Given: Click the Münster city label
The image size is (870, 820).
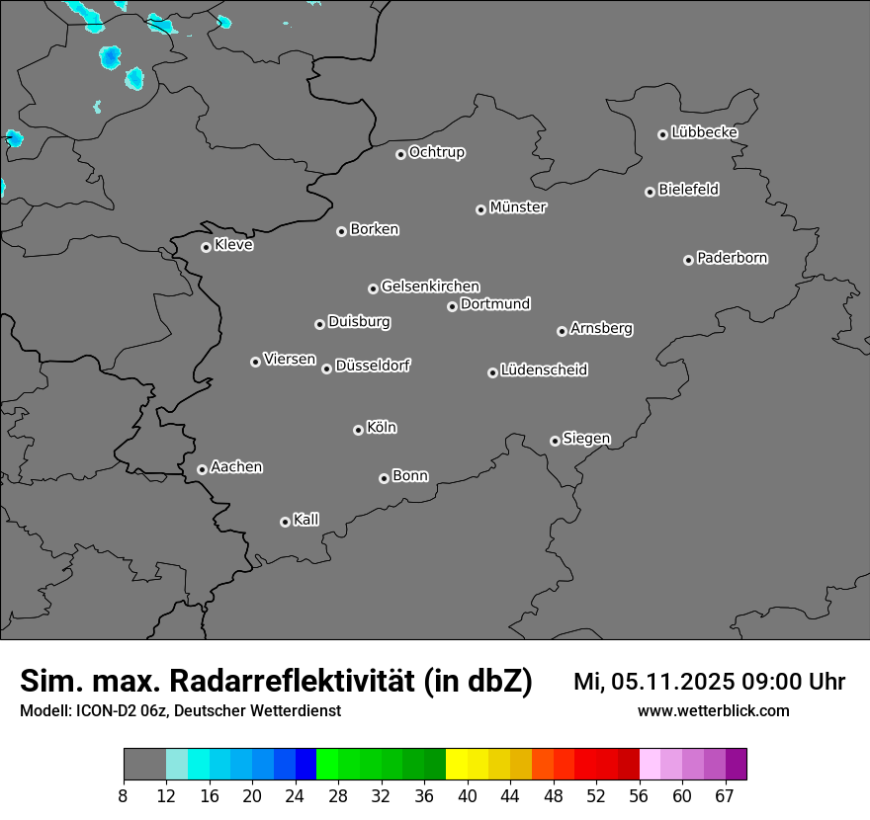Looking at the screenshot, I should coord(518,207).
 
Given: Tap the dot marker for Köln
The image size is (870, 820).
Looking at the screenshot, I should coord(358,430).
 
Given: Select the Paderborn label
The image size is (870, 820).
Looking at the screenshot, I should coord(733,258).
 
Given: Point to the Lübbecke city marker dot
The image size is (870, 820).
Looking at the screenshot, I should coord(662,134).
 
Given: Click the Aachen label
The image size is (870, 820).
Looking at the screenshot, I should coord(236,467).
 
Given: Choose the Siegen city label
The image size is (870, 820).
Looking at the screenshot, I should coord(586,439).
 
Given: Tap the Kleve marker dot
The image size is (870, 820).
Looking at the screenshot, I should coord(206,247).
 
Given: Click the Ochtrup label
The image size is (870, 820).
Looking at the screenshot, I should coord(437,152).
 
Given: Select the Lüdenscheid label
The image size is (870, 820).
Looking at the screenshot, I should coord(544,370).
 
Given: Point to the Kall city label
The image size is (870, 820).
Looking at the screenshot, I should coord(306,520).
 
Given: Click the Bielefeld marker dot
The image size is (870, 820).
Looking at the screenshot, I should coord(650,192).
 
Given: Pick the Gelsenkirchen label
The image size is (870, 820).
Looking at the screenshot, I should coord(430,287).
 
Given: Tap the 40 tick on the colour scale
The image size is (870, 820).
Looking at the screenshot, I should coord(468,796).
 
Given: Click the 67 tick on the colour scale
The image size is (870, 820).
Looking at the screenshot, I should coord(725,796).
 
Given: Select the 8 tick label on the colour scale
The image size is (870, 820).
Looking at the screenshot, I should coord(123,796).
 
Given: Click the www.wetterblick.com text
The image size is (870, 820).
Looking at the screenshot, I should coord(713,711).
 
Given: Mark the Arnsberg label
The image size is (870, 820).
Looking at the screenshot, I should coord(601,329).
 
